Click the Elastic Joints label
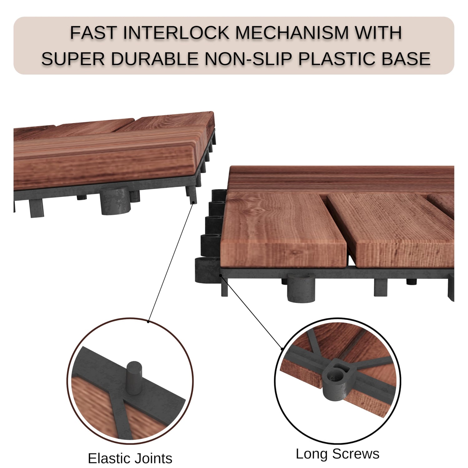click(130, 458)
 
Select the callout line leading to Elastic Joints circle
click(171, 262)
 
